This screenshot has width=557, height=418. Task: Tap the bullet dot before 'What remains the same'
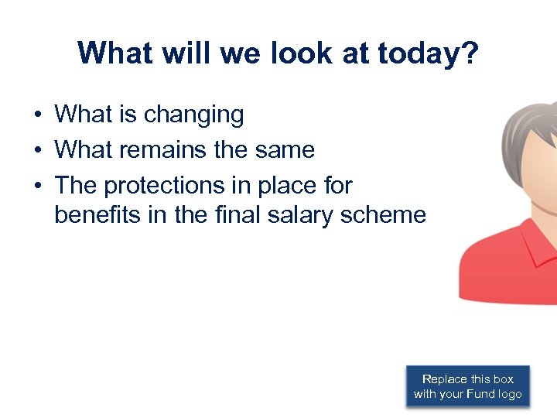[x=37, y=150]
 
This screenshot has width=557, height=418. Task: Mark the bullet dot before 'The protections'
[x=37, y=187]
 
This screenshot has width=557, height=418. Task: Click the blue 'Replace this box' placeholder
[x=467, y=386]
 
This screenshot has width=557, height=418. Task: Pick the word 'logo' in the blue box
[x=511, y=394]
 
